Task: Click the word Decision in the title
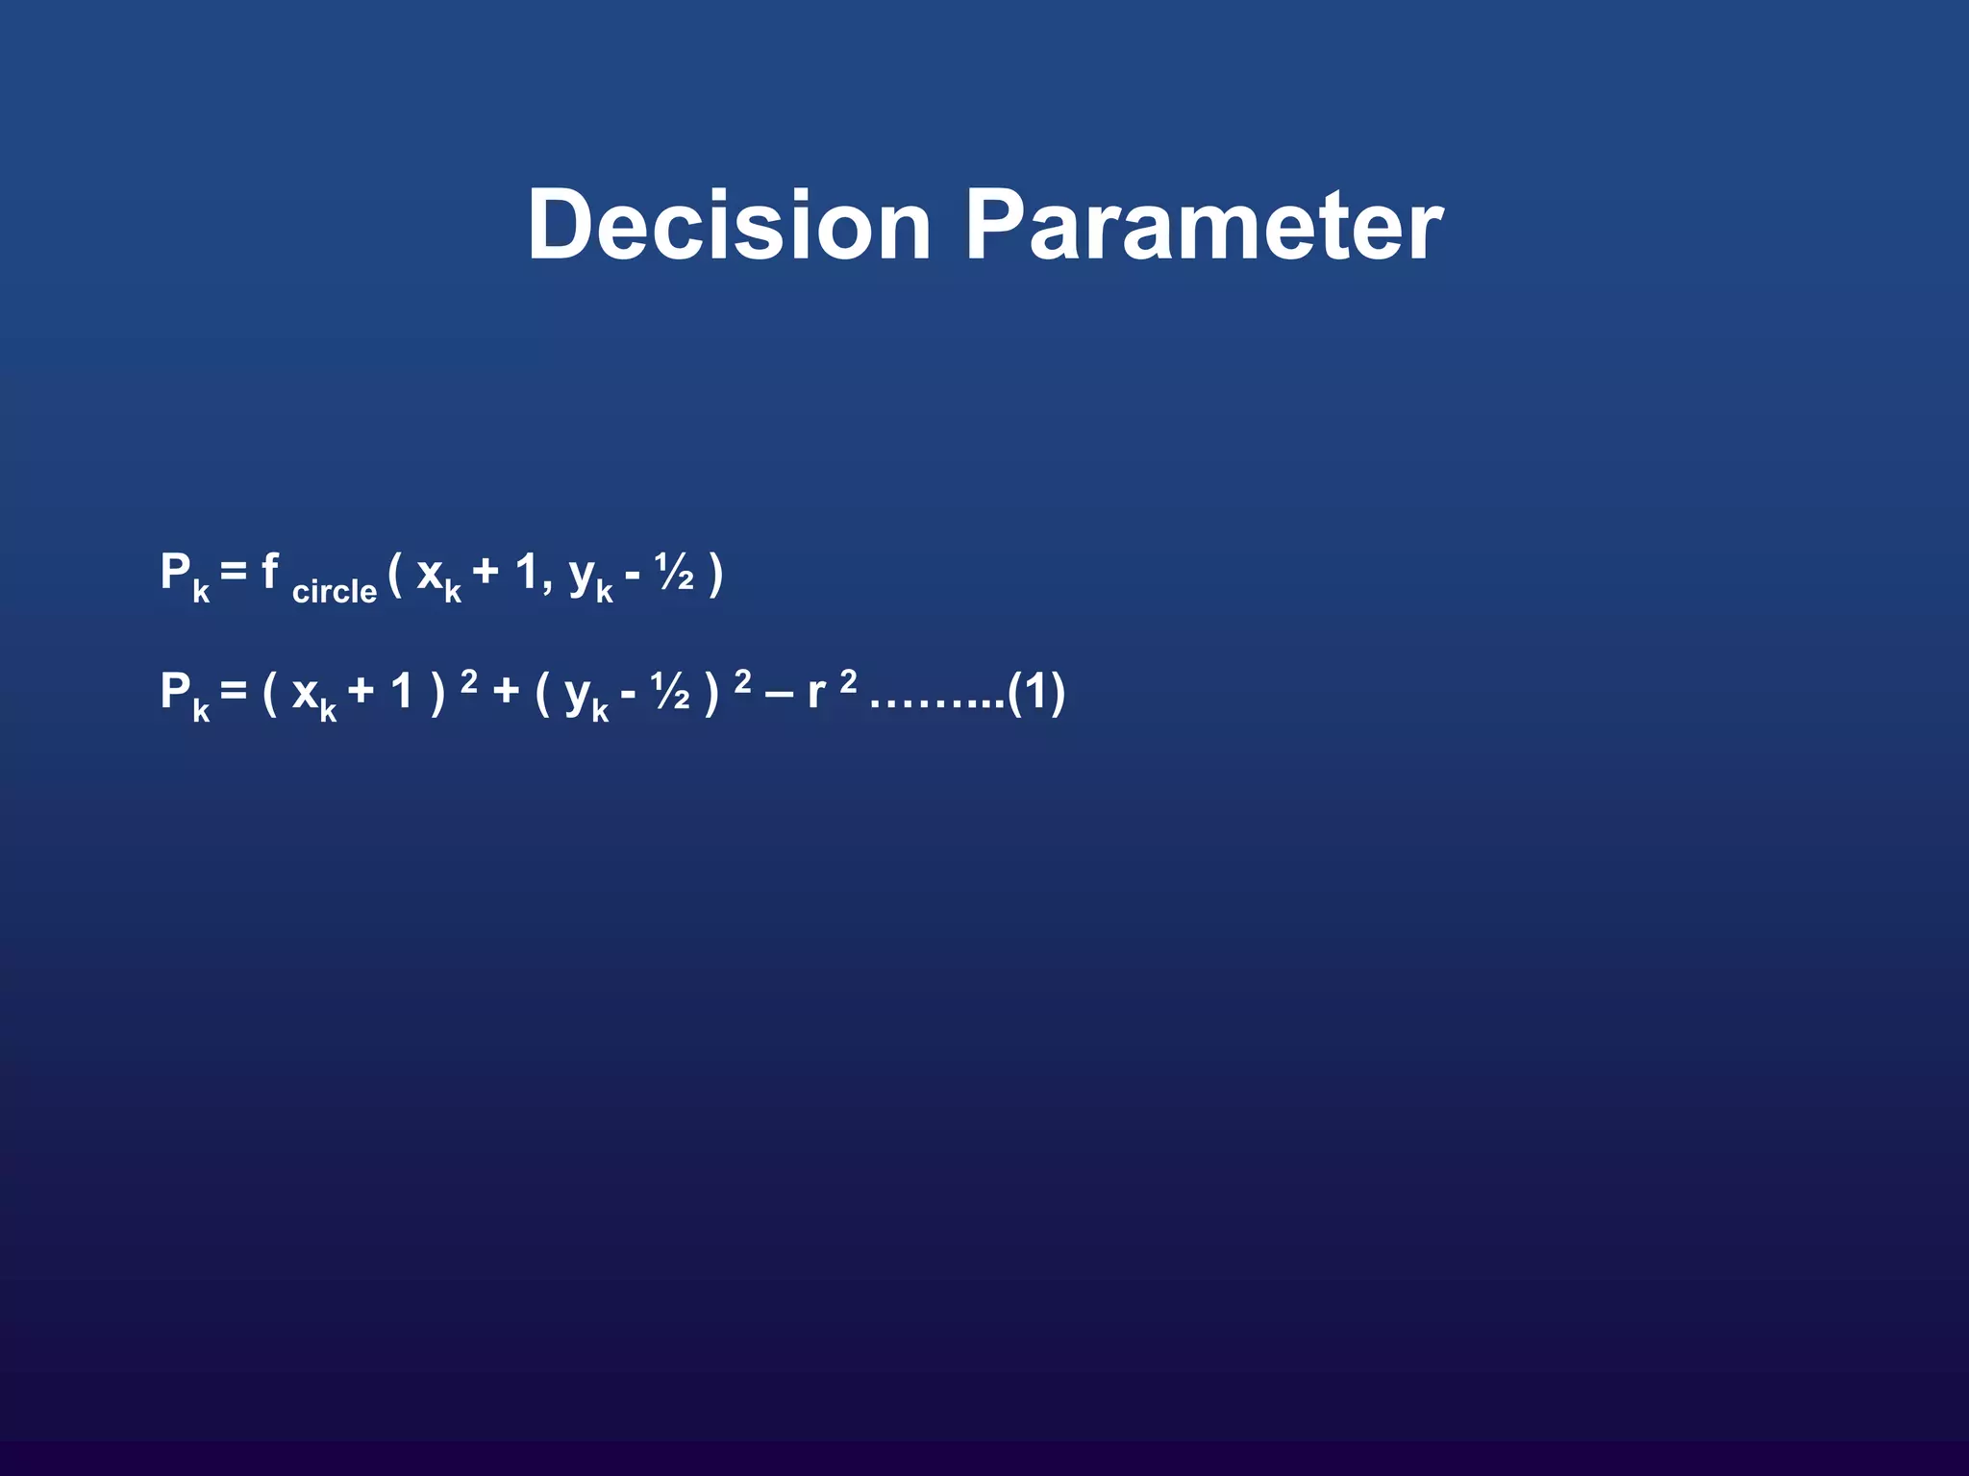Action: pyautogui.click(x=729, y=225)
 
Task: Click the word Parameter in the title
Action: pyautogui.click(x=1203, y=225)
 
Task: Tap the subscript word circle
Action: pyautogui.click(x=334, y=591)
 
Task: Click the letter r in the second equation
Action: pyautogui.click(x=817, y=693)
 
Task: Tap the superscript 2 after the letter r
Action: pyautogui.click(x=848, y=681)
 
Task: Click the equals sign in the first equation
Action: pyautogui.click(x=234, y=573)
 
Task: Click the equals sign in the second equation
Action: pyautogui.click(x=234, y=691)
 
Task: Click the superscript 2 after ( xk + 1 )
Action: pyautogui.click(x=469, y=681)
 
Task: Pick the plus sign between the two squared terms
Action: pyautogui.click(x=506, y=692)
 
